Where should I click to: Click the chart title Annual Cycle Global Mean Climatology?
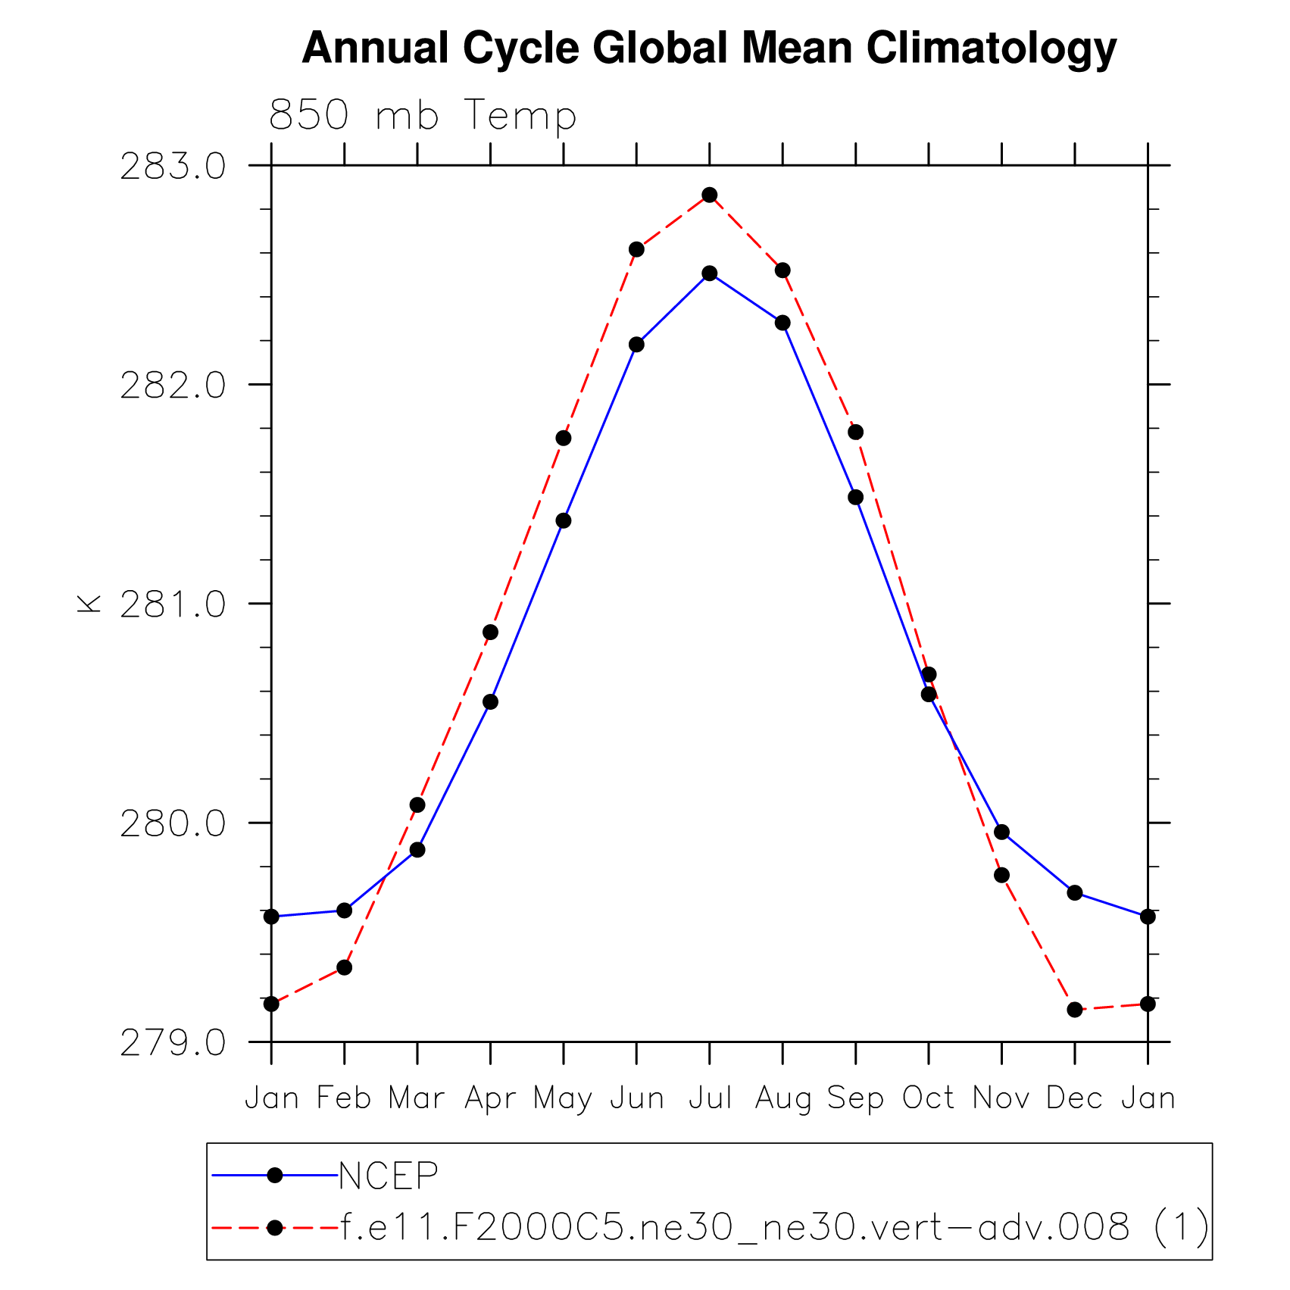(x=709, y=48)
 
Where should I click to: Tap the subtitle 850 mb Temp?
(x=423, y=116)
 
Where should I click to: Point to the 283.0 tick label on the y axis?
(x=173, y=167)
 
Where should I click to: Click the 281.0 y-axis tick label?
(x=173, y=605)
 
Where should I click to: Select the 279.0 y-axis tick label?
(x=173, y=1044)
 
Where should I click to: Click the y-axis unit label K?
(x=89, y=604)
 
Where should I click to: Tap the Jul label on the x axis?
(x=710, y=1098)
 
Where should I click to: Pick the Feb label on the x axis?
(x=344, y=1098)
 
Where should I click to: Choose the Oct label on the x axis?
(x=928, y=1098)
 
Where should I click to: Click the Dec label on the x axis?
(x=1074, y=1098)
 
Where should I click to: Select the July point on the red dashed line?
(x=709, y=195)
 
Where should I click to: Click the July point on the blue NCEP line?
(x=709, y=273)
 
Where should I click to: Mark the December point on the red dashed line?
(x=1074, y=1010)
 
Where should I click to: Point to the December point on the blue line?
(x=1074, y=893)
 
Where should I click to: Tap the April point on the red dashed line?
(x=490, y=633)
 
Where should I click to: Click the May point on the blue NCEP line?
(x=564, y=521)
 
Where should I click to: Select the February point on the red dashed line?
(x=344, y=967)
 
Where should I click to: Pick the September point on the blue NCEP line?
(x=855, y=498)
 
